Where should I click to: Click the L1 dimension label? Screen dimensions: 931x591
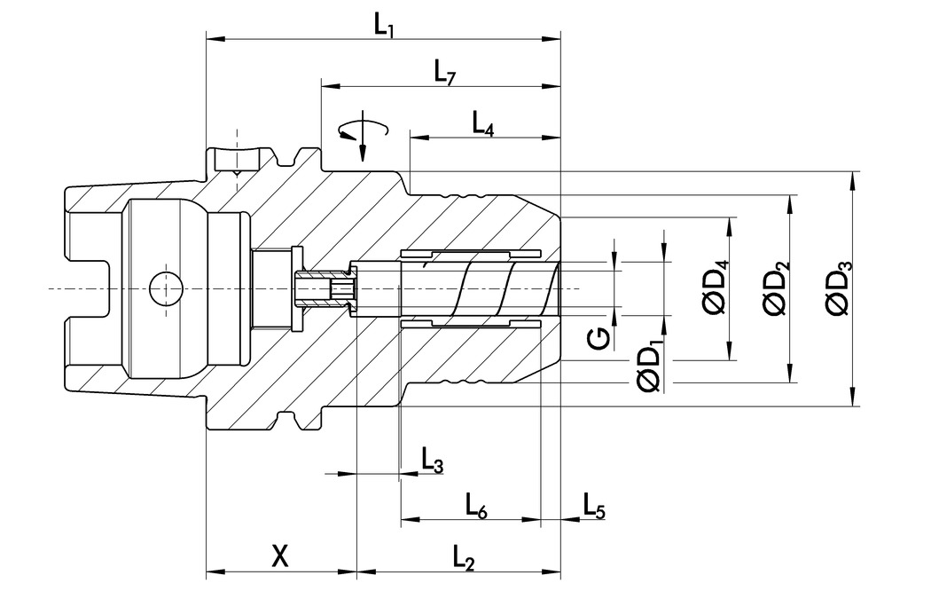click(384, 25)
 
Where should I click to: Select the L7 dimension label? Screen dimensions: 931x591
click(444, 73)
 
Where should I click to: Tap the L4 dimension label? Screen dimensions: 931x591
click(482, 123)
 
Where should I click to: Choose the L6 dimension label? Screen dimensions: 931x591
click(476, 506)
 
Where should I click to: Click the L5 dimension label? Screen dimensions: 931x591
click(593, 505)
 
